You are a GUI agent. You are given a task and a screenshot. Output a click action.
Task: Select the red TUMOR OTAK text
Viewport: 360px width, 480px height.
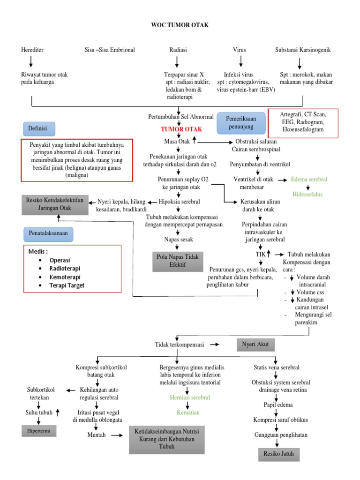point(181,129)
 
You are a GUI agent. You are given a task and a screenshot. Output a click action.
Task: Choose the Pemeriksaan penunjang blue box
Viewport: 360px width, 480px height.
point(241,123)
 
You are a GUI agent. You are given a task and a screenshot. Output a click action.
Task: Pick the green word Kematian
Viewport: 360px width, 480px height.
point(188,412)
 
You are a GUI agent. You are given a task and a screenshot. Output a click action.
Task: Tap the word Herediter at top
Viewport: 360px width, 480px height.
point(32,50)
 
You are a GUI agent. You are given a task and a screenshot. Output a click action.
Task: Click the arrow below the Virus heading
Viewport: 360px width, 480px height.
point(240,61)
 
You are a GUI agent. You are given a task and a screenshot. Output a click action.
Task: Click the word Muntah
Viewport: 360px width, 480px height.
point(97,435)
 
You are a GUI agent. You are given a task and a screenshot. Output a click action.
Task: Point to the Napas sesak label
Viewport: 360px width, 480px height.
point(175,239)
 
